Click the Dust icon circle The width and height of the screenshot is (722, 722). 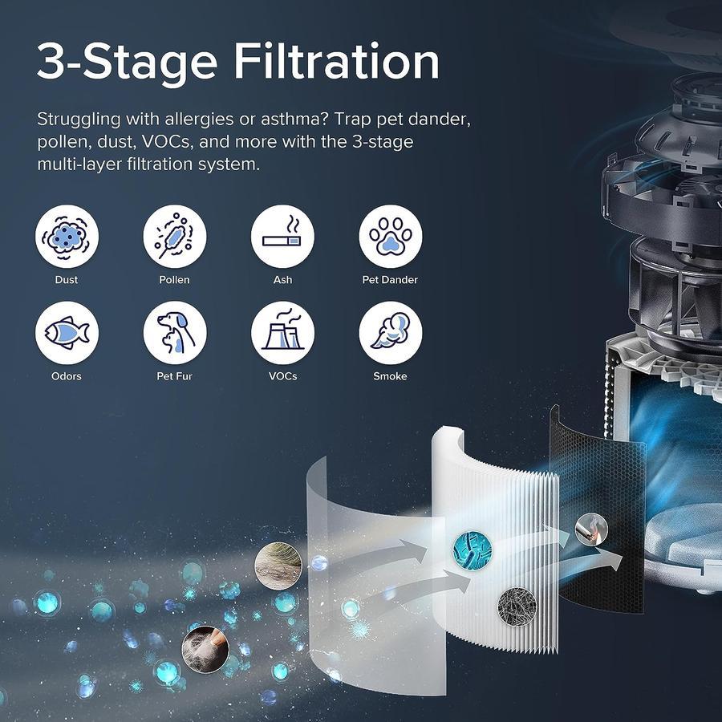point(67,236)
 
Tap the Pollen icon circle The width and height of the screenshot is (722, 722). point(175,236)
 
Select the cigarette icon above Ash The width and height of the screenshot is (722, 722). point(282,236)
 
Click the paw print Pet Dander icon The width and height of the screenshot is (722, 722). point(390,236)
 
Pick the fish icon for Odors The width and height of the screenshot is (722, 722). point(67,333)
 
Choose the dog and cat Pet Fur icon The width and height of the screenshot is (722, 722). point(175,333)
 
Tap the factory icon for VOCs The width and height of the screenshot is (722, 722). point(282,333)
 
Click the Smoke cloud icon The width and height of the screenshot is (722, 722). point(390,333)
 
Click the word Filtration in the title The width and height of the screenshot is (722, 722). point(337,61)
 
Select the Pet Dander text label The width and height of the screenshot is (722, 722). point(390,279)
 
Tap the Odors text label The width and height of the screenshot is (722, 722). point(67,376)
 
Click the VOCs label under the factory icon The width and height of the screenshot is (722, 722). point(282,376)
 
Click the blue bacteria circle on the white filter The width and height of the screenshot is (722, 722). point(473,550)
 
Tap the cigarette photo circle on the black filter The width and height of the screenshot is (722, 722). point(591,529)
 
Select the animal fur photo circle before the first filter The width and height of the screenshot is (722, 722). point(278,565)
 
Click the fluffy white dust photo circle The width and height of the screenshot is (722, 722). point(205,649)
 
